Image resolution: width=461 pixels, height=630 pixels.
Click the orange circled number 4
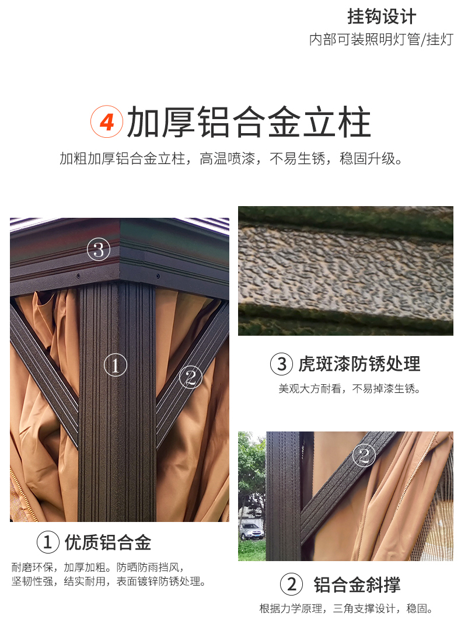(106, 122)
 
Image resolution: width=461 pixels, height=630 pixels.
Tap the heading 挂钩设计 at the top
(382, 16)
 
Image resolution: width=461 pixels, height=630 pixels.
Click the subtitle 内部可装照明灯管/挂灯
(381, 39)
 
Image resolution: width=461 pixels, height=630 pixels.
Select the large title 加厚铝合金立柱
(249, 122)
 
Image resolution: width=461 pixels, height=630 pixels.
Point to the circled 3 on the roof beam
(99, 249)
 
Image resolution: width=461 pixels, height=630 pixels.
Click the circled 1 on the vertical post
(116, 366)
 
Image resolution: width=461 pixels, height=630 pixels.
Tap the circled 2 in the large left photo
(190, 377)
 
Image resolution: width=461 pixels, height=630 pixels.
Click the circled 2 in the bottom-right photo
(364, 455)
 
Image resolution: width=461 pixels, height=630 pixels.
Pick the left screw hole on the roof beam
(78, 276)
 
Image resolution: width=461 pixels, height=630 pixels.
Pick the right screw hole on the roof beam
(158, 276)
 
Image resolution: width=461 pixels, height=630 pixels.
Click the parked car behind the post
(252, 531)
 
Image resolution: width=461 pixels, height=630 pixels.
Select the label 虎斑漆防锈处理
(359, 364)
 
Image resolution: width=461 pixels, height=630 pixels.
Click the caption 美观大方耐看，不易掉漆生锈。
(350, 388)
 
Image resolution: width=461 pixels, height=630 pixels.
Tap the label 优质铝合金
(108, 542)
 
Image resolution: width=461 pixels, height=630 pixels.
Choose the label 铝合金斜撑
(357, 584)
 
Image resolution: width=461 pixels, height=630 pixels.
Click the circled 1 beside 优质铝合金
(48, 542)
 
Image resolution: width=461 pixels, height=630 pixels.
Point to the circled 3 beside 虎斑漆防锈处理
(281, 364)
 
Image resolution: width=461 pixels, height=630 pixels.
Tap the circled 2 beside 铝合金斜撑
(291, 584)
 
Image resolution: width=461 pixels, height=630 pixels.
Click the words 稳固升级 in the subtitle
(367, 159)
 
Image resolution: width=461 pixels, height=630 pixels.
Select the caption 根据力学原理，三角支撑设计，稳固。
(346, 609)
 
